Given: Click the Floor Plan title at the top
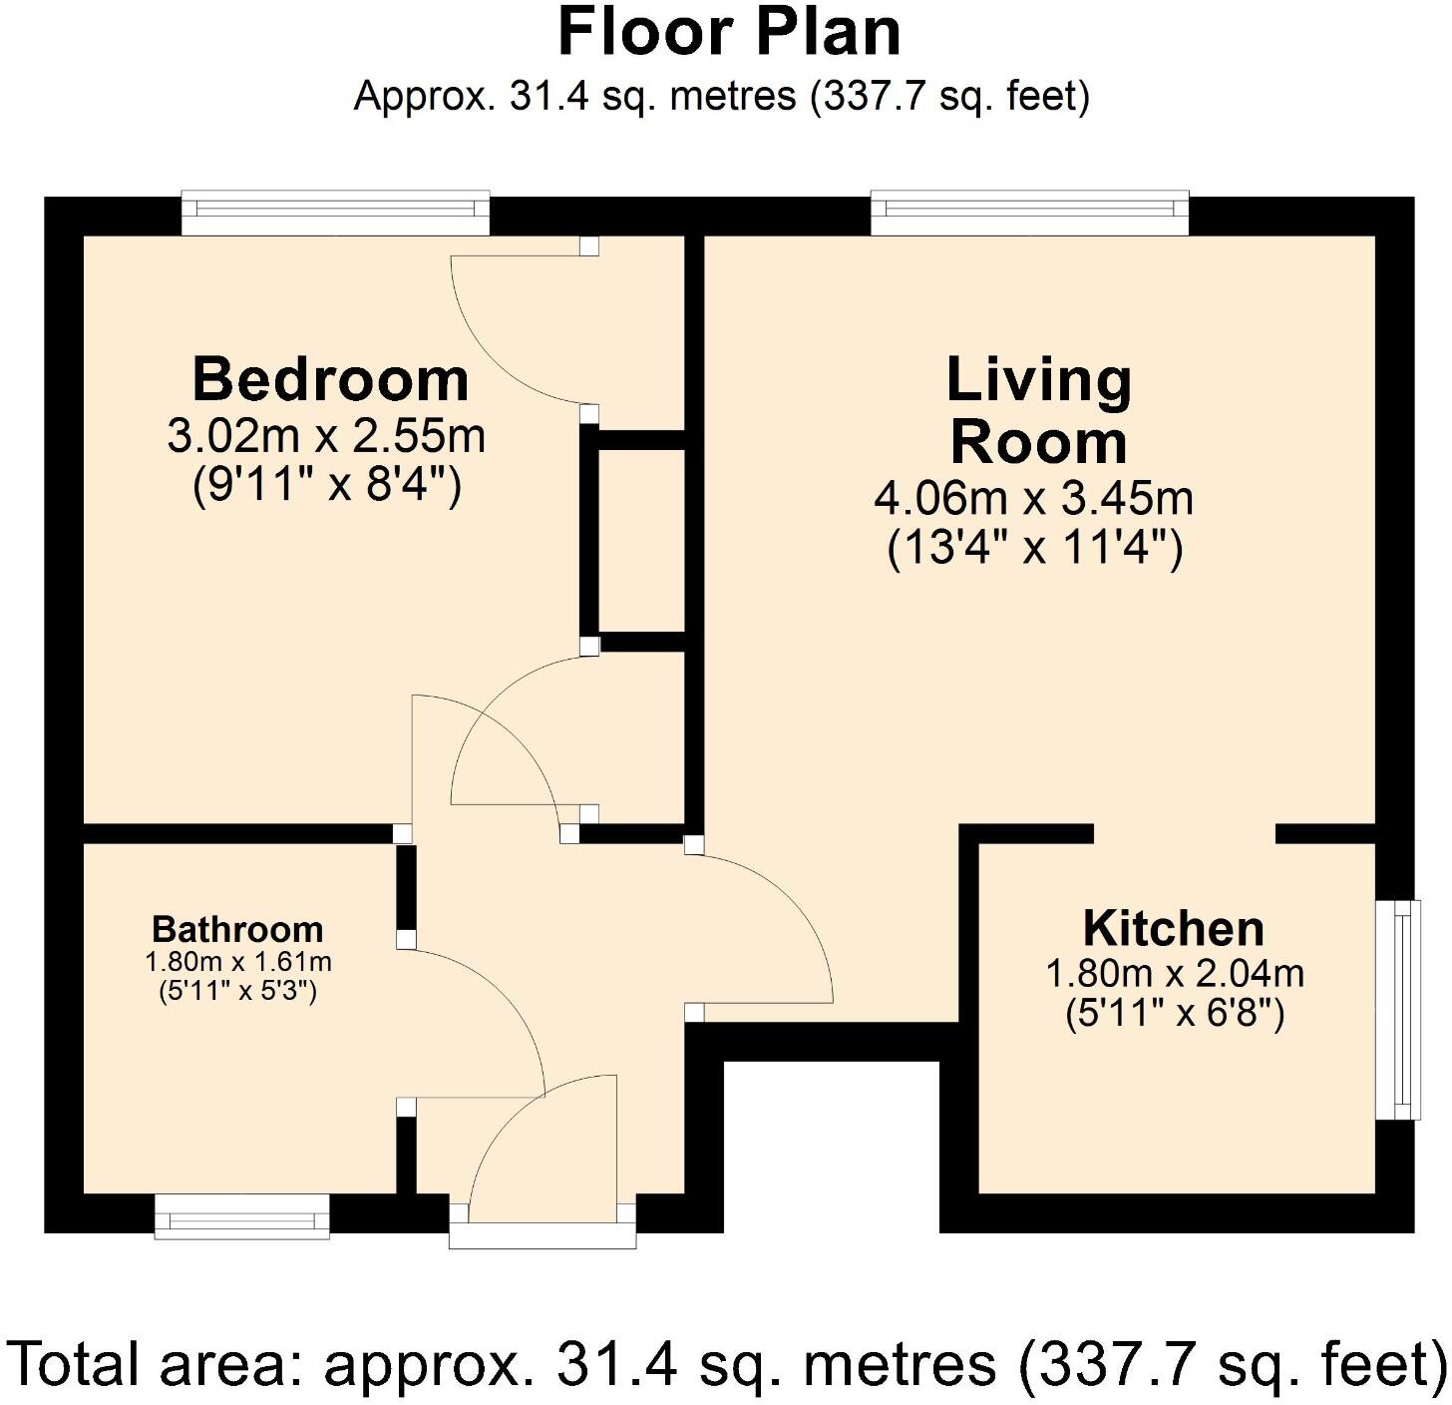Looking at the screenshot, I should [729, 33].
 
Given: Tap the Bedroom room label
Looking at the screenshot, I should [330, 379].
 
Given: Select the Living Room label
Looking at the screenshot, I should [1038, 410].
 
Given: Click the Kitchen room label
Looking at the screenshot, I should [1174, 928].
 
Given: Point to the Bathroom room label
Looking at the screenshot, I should [237, 929].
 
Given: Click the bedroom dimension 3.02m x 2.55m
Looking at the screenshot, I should [326, 436].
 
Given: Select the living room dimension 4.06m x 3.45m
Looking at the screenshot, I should [1033, 497].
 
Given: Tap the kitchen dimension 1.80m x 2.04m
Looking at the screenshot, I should [1174, 973].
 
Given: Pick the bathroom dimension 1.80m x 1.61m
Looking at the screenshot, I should [237, 962].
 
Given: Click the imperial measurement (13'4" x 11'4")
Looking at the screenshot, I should [1035, 548].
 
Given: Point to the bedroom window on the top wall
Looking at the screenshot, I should [335, 212].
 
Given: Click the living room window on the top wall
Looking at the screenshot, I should [1029, 212].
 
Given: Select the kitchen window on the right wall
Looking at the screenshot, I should [1398, 1009].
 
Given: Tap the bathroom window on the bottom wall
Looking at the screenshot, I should [242, 1216].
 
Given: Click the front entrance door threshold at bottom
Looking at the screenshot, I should [542, 1234].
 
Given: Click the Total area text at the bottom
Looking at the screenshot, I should [726, 1363].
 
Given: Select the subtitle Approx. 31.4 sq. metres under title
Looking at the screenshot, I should [722, 97].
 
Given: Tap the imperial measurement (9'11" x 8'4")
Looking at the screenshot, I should [326, 487].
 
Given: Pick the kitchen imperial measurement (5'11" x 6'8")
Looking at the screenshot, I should [1174, 1014].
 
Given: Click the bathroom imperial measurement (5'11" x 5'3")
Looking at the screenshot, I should [237, 992].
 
